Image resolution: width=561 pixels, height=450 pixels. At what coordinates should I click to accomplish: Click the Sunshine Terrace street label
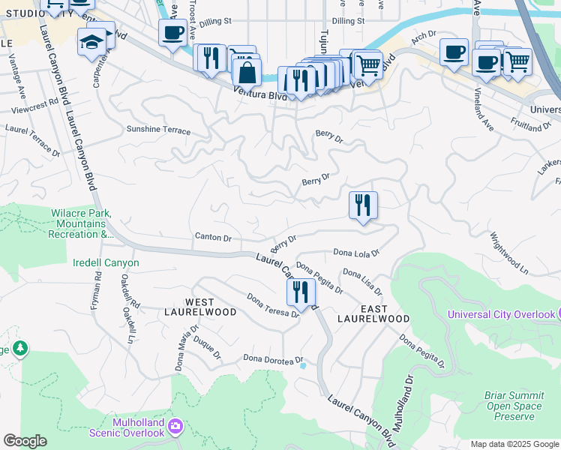[158, 130]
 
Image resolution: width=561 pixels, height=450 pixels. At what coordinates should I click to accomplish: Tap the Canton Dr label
[213, 238]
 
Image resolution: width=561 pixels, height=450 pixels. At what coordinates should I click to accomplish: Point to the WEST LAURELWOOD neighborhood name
[200, 305]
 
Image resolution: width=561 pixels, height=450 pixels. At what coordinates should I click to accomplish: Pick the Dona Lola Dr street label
[356, 253]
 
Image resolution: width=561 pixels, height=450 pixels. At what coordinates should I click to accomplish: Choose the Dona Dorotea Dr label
[272, 359]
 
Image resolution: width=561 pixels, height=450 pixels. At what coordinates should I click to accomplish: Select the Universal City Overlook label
[501, 314]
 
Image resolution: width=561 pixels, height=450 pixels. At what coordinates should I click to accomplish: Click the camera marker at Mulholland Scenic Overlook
[175, 426]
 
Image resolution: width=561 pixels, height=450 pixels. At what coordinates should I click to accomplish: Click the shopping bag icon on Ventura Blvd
[246, 73]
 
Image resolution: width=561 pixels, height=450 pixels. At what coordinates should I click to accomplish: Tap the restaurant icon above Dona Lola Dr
[364, 205]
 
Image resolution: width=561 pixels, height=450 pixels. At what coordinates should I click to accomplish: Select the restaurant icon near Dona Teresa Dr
[301, 292]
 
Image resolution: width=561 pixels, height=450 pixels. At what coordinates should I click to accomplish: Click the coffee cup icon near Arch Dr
[454, 52]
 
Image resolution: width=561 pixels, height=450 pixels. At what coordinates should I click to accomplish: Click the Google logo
[25, 441]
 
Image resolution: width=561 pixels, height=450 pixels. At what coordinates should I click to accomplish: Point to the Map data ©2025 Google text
[514, 444]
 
